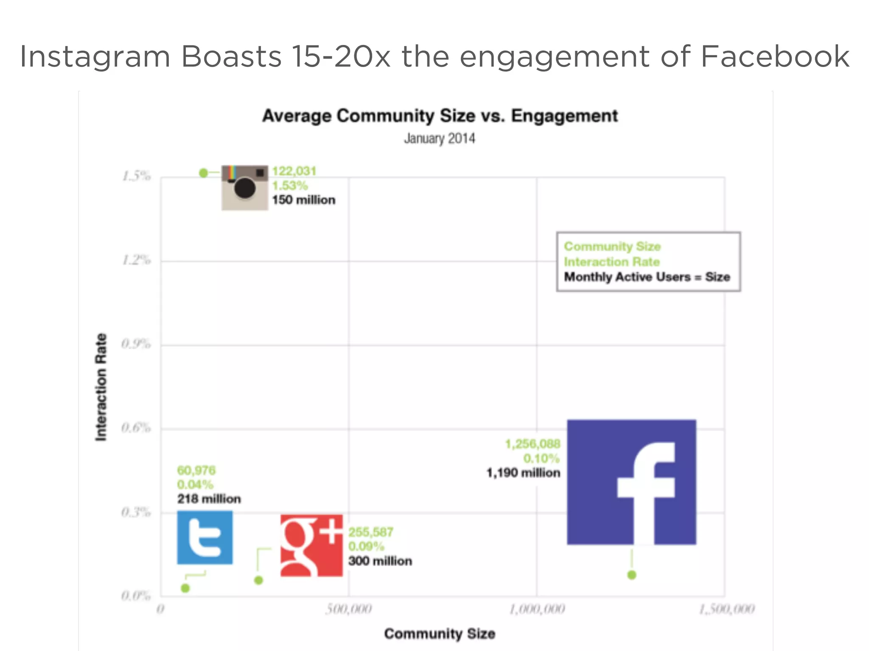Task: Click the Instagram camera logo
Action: [245, 187]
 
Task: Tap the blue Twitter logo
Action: [205, 537]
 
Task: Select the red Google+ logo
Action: [311, 545]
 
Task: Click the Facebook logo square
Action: [631, 482]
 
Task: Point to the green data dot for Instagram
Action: [204, 173]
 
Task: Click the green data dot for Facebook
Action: [632, 575]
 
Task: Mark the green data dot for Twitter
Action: [185, 588]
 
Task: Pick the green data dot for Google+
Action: [258, 580]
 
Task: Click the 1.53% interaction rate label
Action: [290, 186]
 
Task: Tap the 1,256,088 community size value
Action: [533, 444]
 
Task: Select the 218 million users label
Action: [209, 499]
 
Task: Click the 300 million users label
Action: [380, 561]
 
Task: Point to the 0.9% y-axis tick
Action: [136, 344]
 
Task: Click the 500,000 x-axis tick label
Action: [349, 609]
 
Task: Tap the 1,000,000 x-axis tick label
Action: [537, 609]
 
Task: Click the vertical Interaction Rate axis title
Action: [101, 387]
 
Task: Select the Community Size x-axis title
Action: [440, 634]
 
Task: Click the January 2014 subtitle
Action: [440, 139]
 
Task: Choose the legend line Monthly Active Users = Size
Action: [647, 277]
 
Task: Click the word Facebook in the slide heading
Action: [775, 56]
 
